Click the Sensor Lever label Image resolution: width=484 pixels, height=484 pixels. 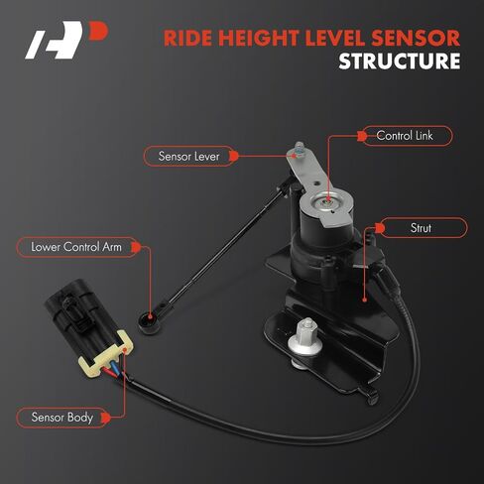click(x=188, y=156)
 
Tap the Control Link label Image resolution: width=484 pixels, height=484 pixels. click(x=405, y=136)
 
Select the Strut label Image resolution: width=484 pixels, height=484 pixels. click(x=421, y=228)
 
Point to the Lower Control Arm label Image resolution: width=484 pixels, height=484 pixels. click(x=76, y=247)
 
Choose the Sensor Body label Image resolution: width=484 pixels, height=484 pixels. click(x=62, y=418)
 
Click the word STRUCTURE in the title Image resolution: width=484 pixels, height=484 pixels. click(x=400, y=61)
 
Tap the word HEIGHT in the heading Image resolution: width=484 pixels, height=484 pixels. click(x=258, y=38)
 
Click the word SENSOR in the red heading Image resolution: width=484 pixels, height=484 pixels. click(x=416, y=38)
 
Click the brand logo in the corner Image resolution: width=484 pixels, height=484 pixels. click(x=66, y=40)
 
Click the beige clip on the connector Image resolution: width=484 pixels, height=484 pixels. click(x=105, y=355)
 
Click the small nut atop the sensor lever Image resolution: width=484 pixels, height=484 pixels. click(x=300, y=148)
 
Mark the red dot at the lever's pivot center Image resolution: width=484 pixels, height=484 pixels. click(x=327, y=200)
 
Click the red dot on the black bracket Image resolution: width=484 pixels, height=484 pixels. click(x=364, y=300)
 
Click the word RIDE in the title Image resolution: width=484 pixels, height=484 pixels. click(x=187, y=38)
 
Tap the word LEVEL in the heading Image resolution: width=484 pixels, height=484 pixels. click(x=335, y=38)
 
